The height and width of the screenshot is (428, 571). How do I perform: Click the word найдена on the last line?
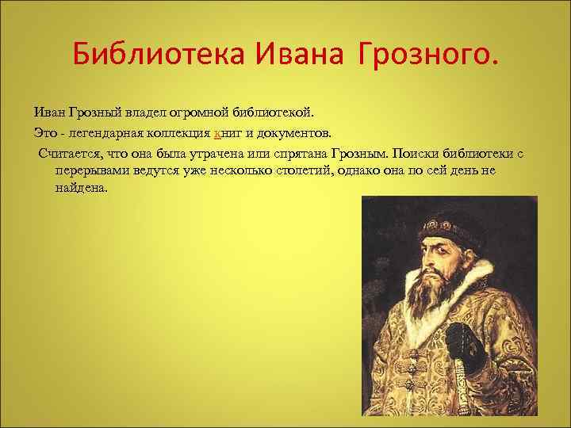point(80,189)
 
